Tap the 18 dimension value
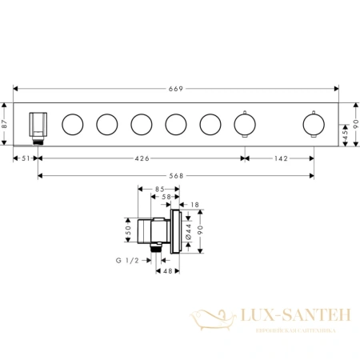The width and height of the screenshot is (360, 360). click(x=195, y=205)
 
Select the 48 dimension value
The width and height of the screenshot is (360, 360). click(x=170, y=272)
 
